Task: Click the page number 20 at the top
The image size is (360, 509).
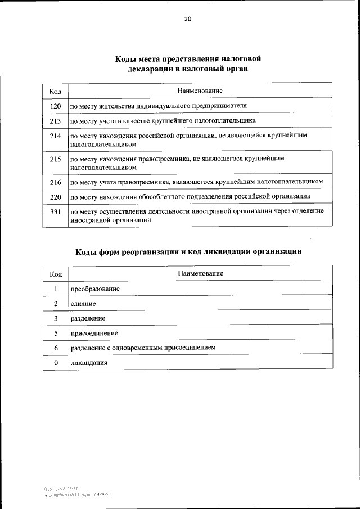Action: [x=187, y=19]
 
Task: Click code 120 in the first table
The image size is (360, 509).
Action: [x=55, y=106]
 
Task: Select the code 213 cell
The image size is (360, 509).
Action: [x=55, y=120]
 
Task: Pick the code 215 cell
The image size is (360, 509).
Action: [x=55, y=159]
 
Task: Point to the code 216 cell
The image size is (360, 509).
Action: [x=55, y=182]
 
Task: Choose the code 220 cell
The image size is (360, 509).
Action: [x=55, y=196]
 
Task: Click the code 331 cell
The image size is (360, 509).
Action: [x=55, y=211]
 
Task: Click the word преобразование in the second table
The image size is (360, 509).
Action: [x=95, y=289]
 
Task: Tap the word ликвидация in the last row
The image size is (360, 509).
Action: [x=89, y=363]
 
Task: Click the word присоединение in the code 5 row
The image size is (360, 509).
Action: [x=94, y=334]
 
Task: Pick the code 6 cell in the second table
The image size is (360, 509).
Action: [x=56, y=348]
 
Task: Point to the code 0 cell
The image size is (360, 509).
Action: [x=56, y=363]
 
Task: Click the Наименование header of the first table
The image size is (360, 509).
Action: [x=200, y=91]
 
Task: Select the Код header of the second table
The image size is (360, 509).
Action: [x=56, y=274]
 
